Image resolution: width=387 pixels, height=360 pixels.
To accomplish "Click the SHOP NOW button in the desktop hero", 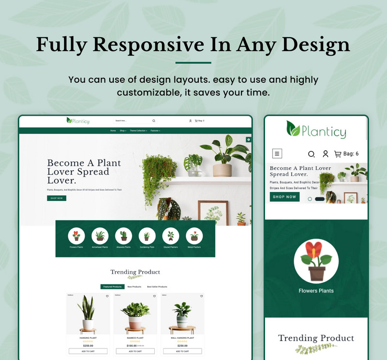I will [x=57, y=198].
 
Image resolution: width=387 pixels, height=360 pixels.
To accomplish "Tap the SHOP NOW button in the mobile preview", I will [x=284, y=197].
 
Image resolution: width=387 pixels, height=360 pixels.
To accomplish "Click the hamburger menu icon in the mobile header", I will [x=277, y=154].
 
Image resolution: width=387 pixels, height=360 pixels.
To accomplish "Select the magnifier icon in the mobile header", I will [x=311, y=154].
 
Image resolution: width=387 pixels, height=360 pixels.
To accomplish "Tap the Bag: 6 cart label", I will [x=346, y=154].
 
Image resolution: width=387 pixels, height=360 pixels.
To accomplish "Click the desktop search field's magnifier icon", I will [x=154, y=121].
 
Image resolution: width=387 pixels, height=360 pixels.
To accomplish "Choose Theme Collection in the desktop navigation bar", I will [x=138, y=131].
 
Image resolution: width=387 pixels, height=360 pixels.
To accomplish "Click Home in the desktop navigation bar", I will [x=113, y=131].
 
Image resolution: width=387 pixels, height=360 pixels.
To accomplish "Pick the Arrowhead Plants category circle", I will [x=100, y=236].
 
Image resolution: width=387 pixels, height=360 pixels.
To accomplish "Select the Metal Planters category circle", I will [x=194, y=236].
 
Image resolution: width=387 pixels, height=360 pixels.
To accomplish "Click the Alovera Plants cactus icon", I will [x=123, y=236].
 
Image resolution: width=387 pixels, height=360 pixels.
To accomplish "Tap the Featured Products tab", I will [x=112, y=286].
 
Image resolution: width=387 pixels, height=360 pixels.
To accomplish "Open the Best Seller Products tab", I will [x=157, y=286].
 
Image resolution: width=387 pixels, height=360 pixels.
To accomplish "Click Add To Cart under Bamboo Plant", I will [x=135, y=351].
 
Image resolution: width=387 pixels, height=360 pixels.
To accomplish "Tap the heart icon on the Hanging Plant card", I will [x=107, y=296].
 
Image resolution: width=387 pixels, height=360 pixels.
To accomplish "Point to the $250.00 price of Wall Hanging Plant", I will [x=182, y=345].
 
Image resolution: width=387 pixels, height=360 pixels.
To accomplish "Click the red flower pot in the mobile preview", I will [x=316, y=262].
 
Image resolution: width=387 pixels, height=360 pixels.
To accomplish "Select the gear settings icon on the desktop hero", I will [x=249, y=139].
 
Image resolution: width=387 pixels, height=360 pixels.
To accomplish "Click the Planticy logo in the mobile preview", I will [x=316, y=130].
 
